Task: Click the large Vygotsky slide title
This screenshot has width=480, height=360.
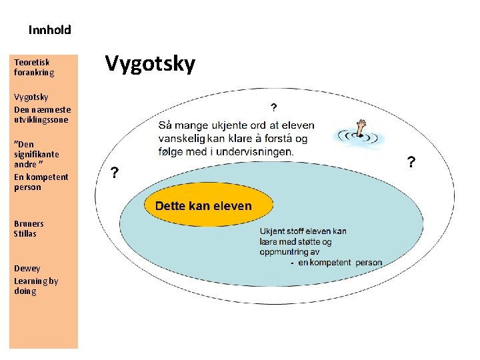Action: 151,64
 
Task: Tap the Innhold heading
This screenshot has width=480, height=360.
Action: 49,30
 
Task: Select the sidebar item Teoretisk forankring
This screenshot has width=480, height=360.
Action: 34,67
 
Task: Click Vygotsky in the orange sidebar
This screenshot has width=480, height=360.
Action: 31,97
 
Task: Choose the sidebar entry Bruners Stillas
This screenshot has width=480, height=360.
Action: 29,229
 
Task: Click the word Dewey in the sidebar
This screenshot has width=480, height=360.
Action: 27,268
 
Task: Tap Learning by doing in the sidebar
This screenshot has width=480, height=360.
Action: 36,285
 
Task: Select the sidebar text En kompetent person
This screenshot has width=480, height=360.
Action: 41,182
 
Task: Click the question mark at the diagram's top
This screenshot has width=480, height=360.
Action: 273,107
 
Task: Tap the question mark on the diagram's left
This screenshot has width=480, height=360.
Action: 115,173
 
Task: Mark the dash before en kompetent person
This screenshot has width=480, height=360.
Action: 292,263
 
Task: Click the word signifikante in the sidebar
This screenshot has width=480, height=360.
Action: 36,153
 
